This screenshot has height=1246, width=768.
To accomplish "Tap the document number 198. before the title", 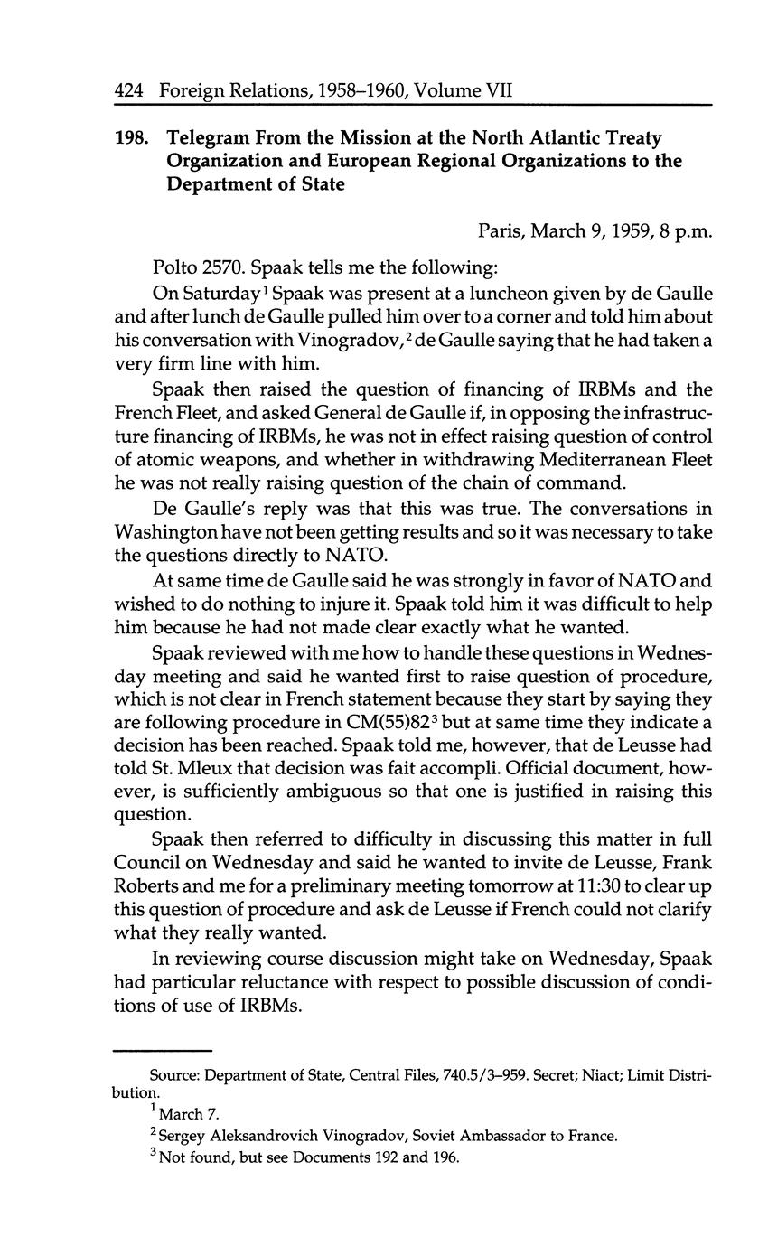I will [x=131, y=138].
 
